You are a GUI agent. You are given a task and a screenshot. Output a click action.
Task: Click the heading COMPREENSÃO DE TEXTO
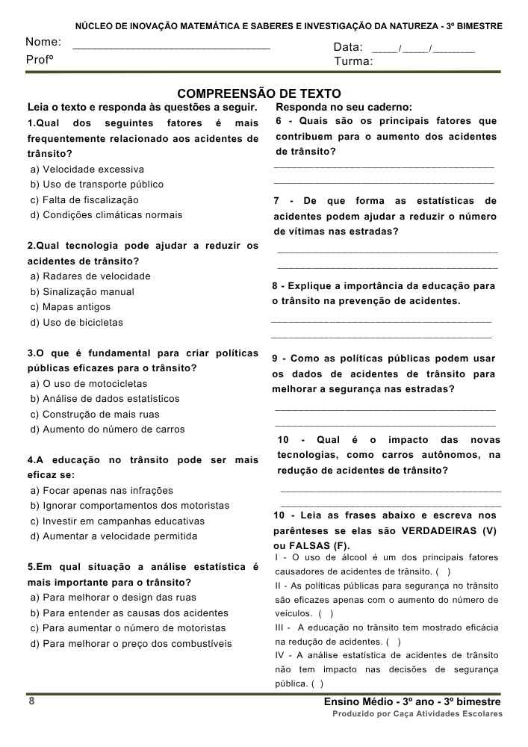[x=258, y=93]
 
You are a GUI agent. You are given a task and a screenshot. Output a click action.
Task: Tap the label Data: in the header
[x=348, y=48]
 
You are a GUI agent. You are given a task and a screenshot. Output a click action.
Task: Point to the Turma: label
[x=353, y=61]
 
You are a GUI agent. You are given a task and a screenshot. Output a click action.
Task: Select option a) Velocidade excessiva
[x=87, y=170]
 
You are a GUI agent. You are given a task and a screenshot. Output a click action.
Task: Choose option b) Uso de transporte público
[x=96, y=185]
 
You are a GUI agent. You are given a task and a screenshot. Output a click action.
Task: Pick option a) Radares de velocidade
[x=90, y=276]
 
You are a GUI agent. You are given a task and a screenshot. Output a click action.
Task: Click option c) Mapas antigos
[x=70, y=307]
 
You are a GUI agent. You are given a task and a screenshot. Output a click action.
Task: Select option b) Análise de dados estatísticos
[x=105, y=399]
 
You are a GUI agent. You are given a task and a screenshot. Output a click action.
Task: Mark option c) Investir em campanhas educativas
[x=117, y=521]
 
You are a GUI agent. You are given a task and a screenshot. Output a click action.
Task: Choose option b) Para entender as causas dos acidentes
[x=119, y=613]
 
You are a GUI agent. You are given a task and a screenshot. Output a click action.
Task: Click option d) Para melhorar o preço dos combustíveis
[x=131, y=644]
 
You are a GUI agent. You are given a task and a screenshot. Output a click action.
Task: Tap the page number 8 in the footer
[x=31, y=701]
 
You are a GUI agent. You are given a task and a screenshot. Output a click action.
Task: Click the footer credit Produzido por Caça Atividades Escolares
[x=417, y=714]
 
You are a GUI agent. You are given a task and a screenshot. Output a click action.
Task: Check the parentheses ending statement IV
[x=317, y=684]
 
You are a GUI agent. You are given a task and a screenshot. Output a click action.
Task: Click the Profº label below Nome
[x=40, y=60]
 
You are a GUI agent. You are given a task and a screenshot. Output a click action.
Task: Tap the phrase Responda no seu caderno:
[x=344, y=108]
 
